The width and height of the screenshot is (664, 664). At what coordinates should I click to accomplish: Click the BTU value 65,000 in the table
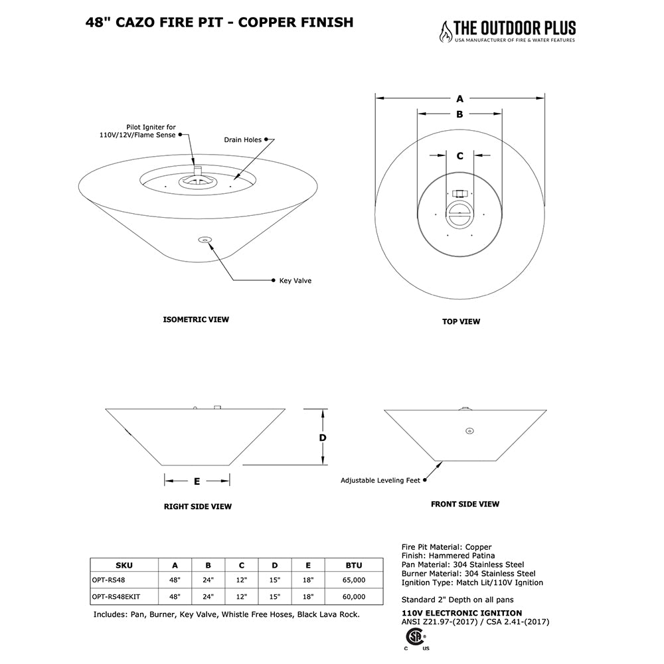(354, 580)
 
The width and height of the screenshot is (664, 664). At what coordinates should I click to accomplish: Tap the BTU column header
(354, 565)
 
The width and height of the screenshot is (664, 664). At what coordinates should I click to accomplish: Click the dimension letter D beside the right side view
(322, 438)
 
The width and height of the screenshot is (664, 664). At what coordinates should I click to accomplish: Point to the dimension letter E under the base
(197, 481)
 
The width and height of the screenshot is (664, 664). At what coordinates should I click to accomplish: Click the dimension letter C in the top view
(460, 156)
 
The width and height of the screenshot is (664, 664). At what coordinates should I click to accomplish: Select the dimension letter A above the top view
(459, 98)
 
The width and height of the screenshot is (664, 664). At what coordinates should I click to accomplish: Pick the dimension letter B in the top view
(459, 114)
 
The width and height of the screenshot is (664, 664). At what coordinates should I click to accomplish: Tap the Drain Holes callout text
(242, 139)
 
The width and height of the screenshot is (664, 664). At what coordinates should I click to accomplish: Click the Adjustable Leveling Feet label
(380, 480)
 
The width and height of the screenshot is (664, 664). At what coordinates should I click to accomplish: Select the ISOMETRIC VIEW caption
(196, 319)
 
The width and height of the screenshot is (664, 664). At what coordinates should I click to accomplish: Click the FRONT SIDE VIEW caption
(465, 504)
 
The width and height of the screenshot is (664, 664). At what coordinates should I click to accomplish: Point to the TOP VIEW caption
(461, 321)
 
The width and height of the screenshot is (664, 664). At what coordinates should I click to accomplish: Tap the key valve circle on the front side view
(469, 431)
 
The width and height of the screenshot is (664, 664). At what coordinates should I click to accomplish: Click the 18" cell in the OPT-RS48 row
(308, 580)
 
